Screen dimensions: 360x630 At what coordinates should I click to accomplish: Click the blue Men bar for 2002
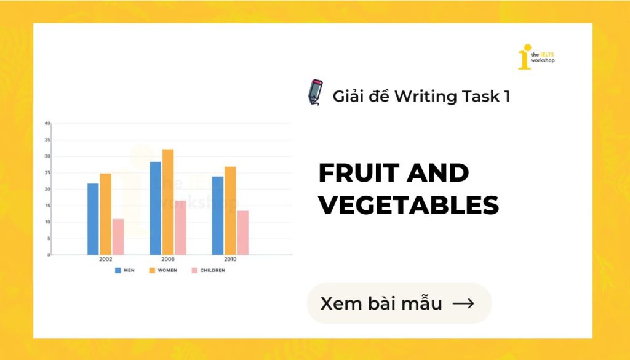93,218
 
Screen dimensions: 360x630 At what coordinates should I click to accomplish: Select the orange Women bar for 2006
167,202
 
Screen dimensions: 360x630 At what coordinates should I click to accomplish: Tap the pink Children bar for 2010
242,233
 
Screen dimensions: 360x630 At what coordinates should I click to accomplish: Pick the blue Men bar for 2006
155,208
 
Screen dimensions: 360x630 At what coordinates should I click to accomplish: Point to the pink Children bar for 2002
118,236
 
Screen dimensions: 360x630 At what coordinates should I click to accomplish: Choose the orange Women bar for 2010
230,210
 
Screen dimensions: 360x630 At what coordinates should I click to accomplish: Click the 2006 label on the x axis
167,260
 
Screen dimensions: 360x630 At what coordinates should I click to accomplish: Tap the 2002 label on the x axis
105,260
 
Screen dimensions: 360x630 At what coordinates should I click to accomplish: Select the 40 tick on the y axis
47,123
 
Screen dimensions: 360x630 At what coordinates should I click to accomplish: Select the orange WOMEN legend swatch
151,270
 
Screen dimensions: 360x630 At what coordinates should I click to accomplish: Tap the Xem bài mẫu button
399,303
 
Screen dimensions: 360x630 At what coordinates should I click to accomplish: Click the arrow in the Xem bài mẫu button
463,303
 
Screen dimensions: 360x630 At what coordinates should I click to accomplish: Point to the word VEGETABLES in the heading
409,206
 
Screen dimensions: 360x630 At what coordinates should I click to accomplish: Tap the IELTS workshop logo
536,57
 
